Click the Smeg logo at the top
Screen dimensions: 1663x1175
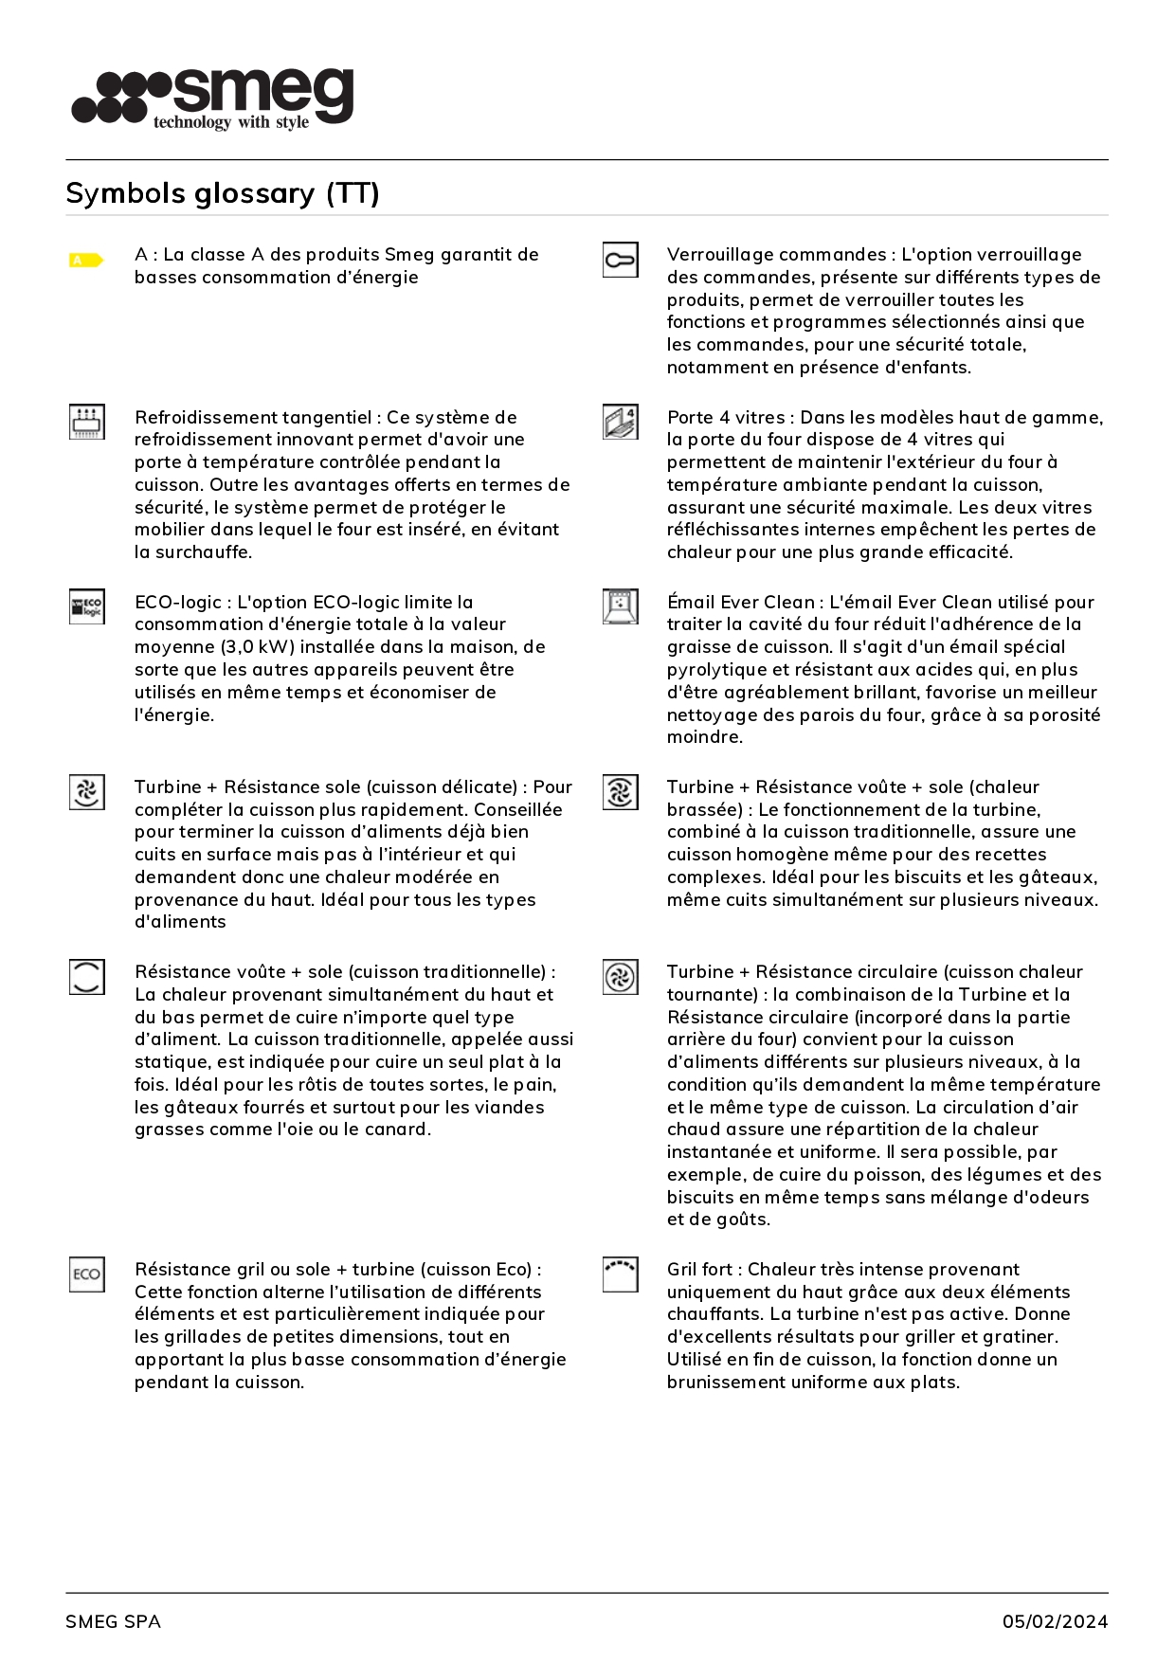(213, 98)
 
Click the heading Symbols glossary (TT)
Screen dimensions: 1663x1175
(223, 193)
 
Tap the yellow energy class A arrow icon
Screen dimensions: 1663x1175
(86, 260)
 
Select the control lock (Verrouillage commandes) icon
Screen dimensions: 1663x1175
(620, 260)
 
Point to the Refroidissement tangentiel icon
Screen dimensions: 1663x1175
(87, 422)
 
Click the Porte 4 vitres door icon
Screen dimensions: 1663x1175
(620, 422)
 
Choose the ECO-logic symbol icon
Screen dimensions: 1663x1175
(87, 606)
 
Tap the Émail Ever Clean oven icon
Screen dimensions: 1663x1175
(620, 606)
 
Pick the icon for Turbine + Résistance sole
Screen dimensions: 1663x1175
(87, 791)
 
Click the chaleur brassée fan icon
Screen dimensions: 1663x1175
(620, 791)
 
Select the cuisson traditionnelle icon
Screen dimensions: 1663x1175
(87, 976)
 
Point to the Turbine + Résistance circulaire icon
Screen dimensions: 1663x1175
(620, 976)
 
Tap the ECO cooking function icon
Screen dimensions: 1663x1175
(87, 1274)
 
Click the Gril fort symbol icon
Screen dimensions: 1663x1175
(620, 1274)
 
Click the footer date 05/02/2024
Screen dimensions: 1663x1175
(1055, 1621)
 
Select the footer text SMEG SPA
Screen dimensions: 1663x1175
(113, 1621)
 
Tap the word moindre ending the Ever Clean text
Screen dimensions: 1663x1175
(704, 737)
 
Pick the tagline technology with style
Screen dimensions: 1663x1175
(231, 122)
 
